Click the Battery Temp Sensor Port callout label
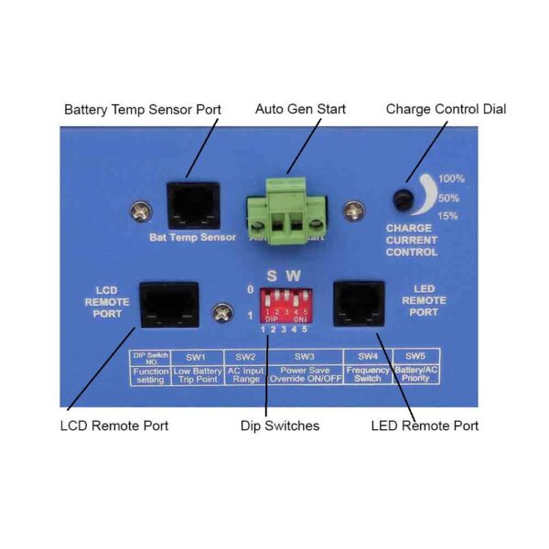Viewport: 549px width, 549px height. pyautogui.click(x=142, y=110)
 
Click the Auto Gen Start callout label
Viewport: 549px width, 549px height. pyautogui.click(x=300, y=110)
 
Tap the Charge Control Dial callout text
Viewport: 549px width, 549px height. pyautogui.click(x=446, y=110)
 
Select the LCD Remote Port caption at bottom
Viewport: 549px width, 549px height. pyautogui.click(x=114, y=425)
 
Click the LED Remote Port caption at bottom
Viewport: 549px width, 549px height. pyautogui.click(x=425, y=425)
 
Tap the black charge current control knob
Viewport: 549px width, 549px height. pyautogui.click(x=401, y=199)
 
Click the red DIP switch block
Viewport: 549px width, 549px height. pyautogui.click(x=285, y=304)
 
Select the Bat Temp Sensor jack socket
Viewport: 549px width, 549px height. pyautogui.click(x=192, y=204)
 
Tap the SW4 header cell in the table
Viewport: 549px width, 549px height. pyautogui.click(x=368, y=355)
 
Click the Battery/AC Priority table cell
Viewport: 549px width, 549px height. pyautogui.click(x=415, y=374)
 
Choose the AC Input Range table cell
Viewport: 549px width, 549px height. pyautogui.click(x=245, y=374)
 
